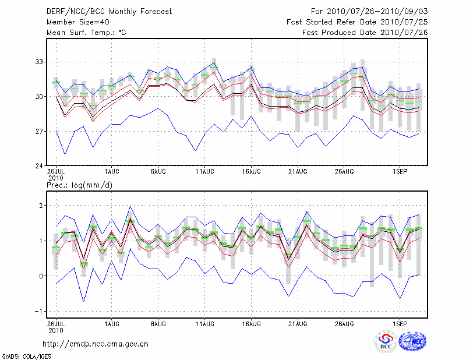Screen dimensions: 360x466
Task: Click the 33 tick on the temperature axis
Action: [x=40, y=62]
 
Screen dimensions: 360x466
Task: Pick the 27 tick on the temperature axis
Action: [x=40, y=132]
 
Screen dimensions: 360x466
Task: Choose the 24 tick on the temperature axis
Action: [x=40, y=166]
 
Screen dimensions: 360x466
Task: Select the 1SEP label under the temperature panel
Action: [x=399, y=172]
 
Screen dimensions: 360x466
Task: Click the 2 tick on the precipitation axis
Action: [x=43, y=206]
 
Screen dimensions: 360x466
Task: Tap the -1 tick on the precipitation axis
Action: [x=41, y=311]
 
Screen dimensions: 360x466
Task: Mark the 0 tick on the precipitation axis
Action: [x=43, y=276]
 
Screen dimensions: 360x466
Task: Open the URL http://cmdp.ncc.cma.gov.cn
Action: [x=96, y=344]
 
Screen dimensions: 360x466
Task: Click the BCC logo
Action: [x=386, y=342]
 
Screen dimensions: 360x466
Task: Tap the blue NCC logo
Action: [x=412, y=342]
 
